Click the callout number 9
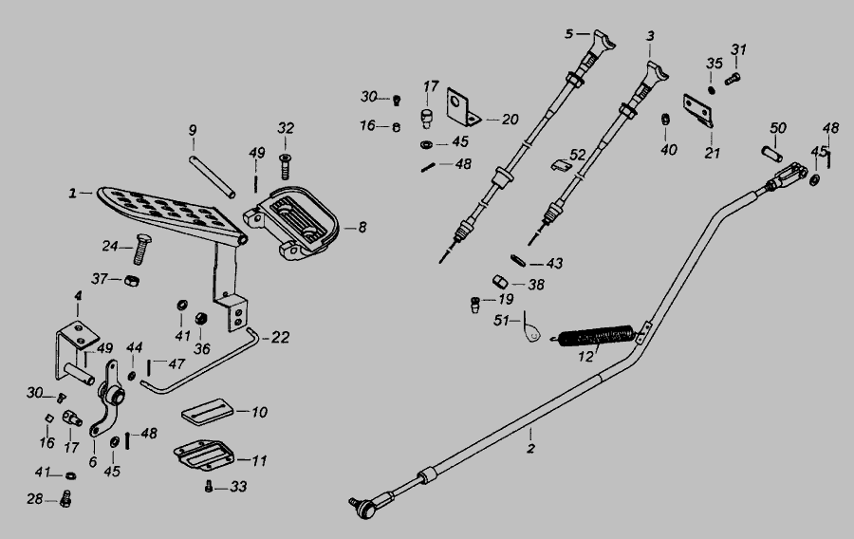192,130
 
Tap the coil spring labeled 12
596,336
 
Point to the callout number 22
280,337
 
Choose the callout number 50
778,128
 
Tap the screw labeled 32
284,167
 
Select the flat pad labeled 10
206,412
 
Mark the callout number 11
259,460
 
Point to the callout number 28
34,498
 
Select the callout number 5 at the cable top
569,34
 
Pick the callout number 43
553,263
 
